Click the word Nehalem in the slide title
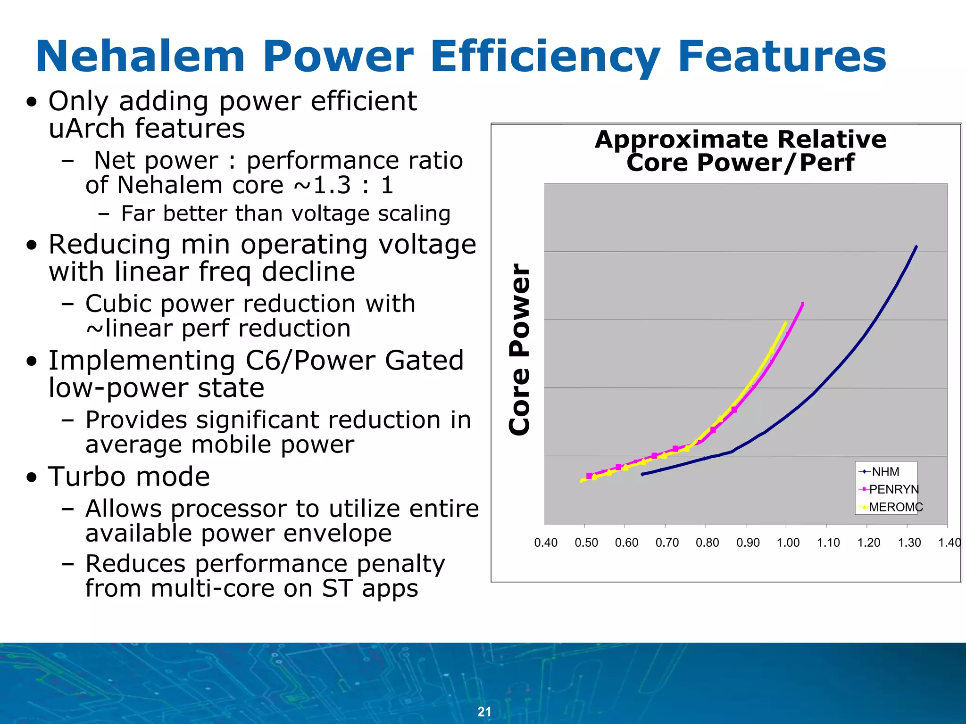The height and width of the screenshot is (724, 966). click(x=140, y=57)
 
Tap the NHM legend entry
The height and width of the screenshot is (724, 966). click(x=885, y=472)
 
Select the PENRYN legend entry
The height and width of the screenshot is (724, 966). click(x=893, y=489)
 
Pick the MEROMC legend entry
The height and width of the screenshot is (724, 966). click(x=895, y=507)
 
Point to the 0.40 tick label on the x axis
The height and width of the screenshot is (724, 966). click(x=546, y=543)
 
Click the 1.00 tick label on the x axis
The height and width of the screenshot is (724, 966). click(x=788, y=543)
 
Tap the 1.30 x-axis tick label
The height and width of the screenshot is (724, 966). click(x=909, y=543)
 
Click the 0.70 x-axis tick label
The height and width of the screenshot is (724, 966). click(x=667, y=543)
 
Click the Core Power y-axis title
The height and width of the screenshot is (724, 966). click(x=520, y=349)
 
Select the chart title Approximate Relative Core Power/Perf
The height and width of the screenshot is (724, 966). click(x=741, y=151)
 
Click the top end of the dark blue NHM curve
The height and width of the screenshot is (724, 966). click(x=916, y=246)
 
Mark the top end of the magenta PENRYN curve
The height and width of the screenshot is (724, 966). click(x=802, y=304)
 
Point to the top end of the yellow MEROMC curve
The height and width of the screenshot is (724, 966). click(x=785, y=322)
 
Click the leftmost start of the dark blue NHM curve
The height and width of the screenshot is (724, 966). click(x=642, y=474)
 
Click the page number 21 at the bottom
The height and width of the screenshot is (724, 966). click(x=484, y=711)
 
